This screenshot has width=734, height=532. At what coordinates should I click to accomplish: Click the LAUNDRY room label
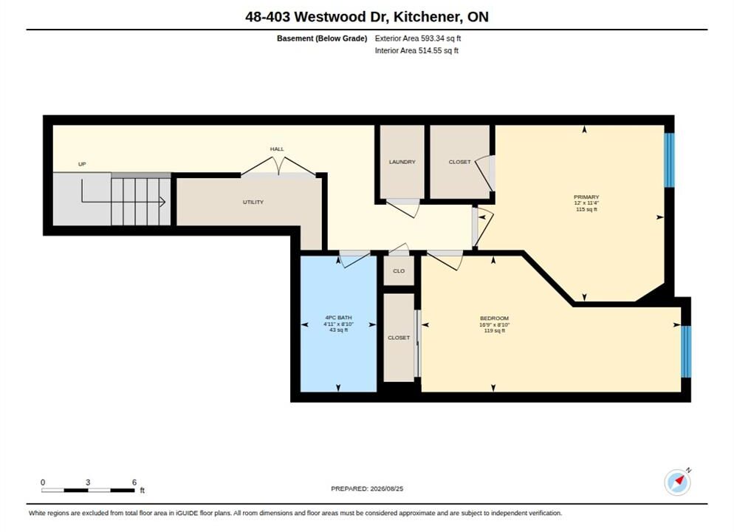pyautogui.click(x=402, y=162)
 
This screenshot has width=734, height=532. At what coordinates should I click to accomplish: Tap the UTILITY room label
pyautogui.click(x=253, y=202)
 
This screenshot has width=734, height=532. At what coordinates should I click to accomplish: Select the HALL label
pyautogui.click(x=277, y=149)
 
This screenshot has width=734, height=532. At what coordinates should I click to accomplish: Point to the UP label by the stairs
pyautogui.click(x=82, y=164)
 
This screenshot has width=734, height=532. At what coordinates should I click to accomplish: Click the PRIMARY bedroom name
pyautogui.click(x=586, y=197)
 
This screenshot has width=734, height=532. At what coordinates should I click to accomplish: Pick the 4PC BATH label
pyautogui.click(x=338, y=318)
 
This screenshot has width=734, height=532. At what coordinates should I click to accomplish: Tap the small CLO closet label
pyautogui.click(x=399, y=271)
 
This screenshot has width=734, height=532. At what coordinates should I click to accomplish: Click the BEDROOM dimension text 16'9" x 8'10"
pyautogui.click(x=494, y=324)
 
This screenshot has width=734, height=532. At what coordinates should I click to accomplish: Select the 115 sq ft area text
pyautogui.click(x=586, y=209)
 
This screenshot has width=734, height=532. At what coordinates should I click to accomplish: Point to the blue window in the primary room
pyautogui.click(x=670, y=160)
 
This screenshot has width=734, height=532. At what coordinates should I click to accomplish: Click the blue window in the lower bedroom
pyautogui.click(x=686, y=352)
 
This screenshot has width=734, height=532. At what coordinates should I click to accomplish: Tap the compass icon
pyautogui.click(x=677, y=482)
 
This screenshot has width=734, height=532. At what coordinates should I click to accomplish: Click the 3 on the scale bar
pyautogui.click(x=88, y=482)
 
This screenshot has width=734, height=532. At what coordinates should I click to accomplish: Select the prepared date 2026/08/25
pyautogui.click(x=387, y=489)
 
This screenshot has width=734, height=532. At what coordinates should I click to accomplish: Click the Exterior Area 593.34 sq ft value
pyautogui.click(x=418, y=38)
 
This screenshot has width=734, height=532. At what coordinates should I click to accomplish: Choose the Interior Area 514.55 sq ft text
pyautogui.click(x=416, y=50)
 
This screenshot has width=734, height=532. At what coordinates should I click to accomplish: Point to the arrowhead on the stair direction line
pyautogui.click(x=162, y=202)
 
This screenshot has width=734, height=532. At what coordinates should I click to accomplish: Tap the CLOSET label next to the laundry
pyautogui.click(x=460, y=162)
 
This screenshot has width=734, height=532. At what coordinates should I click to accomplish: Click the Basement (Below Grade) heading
pyautogui.click(x=322, y=38)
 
